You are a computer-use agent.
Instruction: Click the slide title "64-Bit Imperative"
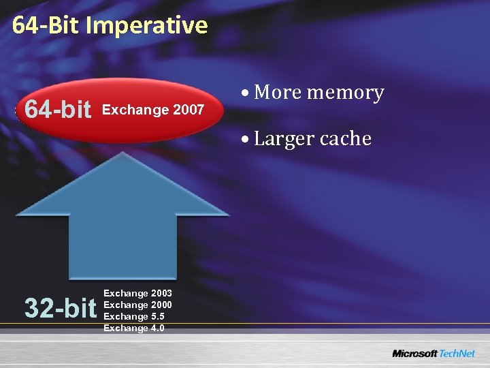(x=110, y=25)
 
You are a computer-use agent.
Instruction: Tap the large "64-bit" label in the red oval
(x=58, y=109)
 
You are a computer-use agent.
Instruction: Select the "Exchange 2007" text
(x=152, y=110)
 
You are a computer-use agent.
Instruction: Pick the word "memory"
(x=348, y=93)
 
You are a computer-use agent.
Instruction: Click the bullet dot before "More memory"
(x=244, y=93)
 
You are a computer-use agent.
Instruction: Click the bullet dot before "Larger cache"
(x=244, y=140)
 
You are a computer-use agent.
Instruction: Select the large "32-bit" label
(x=60, y=309)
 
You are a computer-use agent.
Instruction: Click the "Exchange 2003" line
(x=137, y=293)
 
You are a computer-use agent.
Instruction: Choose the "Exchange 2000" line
(x=137, y=305)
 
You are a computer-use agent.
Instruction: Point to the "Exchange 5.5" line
(x=134, y=316)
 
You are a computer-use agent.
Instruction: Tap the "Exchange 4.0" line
(x=134, y=328)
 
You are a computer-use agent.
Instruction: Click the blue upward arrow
(x=122, y=218)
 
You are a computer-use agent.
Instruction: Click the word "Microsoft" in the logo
(x=414, y=354)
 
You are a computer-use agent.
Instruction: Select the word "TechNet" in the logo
(x=457, y=354)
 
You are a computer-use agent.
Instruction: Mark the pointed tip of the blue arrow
(x=122, y=154)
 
